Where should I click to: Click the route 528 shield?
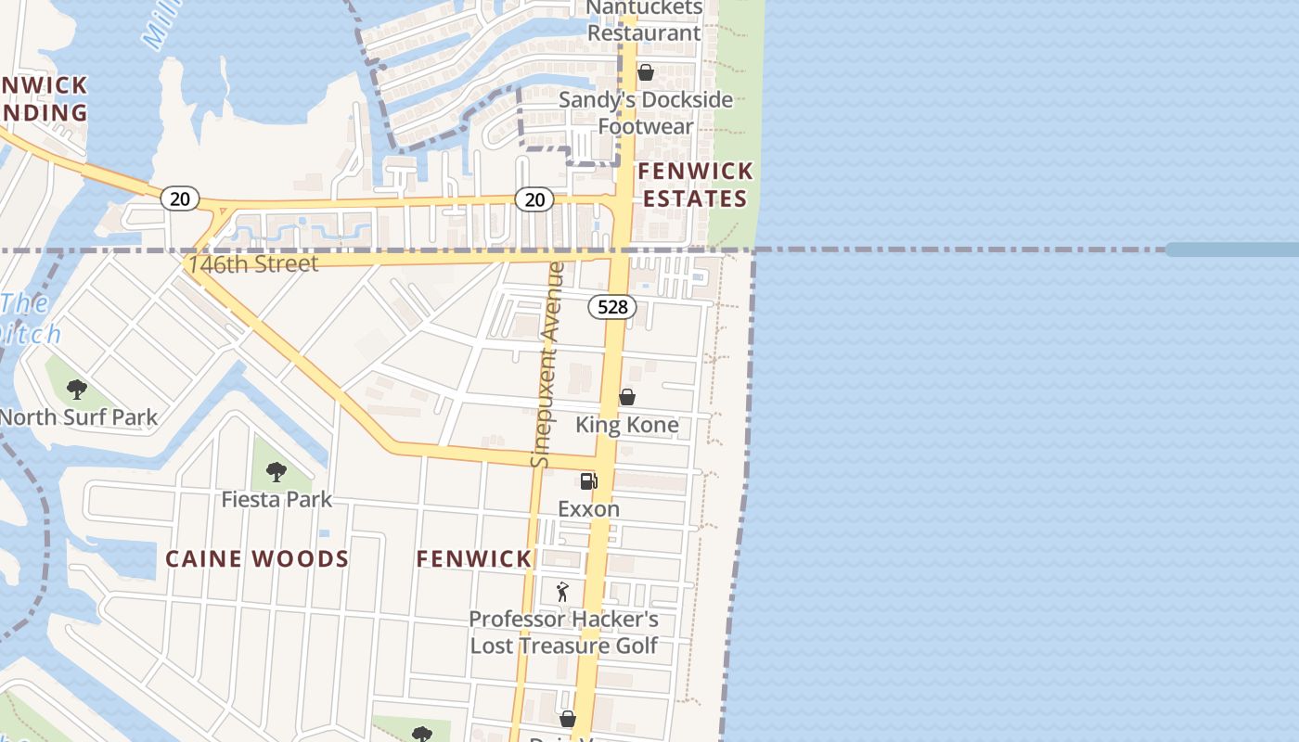[612, 306]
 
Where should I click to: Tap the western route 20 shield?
[179, 198]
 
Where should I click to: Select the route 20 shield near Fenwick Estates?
[534, 198]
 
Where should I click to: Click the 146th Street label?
[252, 263]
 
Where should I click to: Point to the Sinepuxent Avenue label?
[547, 365]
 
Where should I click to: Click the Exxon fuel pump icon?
[588, 480]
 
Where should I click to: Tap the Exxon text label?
[588, 508]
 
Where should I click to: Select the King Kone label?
[627, 425]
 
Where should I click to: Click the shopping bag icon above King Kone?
[627, 397]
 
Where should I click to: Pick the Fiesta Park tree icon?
[276, 472]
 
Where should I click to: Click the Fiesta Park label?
[277, 500]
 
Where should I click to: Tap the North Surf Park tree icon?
[77, 390]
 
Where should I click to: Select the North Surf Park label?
[78, 417]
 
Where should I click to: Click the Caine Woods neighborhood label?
[257, 558]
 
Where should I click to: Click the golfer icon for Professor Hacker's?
[562, 591]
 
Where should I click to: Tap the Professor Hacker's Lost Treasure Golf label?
[564, 633]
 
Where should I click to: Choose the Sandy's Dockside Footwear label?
[646, 112]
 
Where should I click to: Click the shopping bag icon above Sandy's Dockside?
[646, 71]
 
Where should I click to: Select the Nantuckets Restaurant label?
[645, 20]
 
